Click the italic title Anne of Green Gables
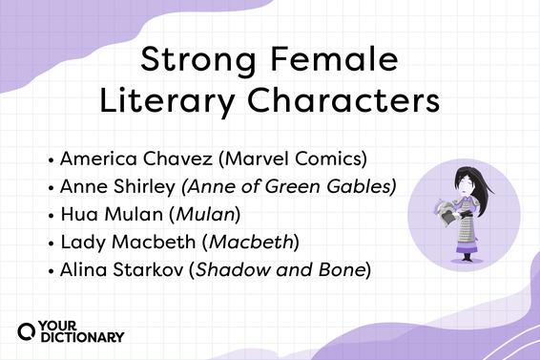(x=285, y=185)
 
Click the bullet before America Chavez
(x=50, y=159)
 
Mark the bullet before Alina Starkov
(x=50, y=268)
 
